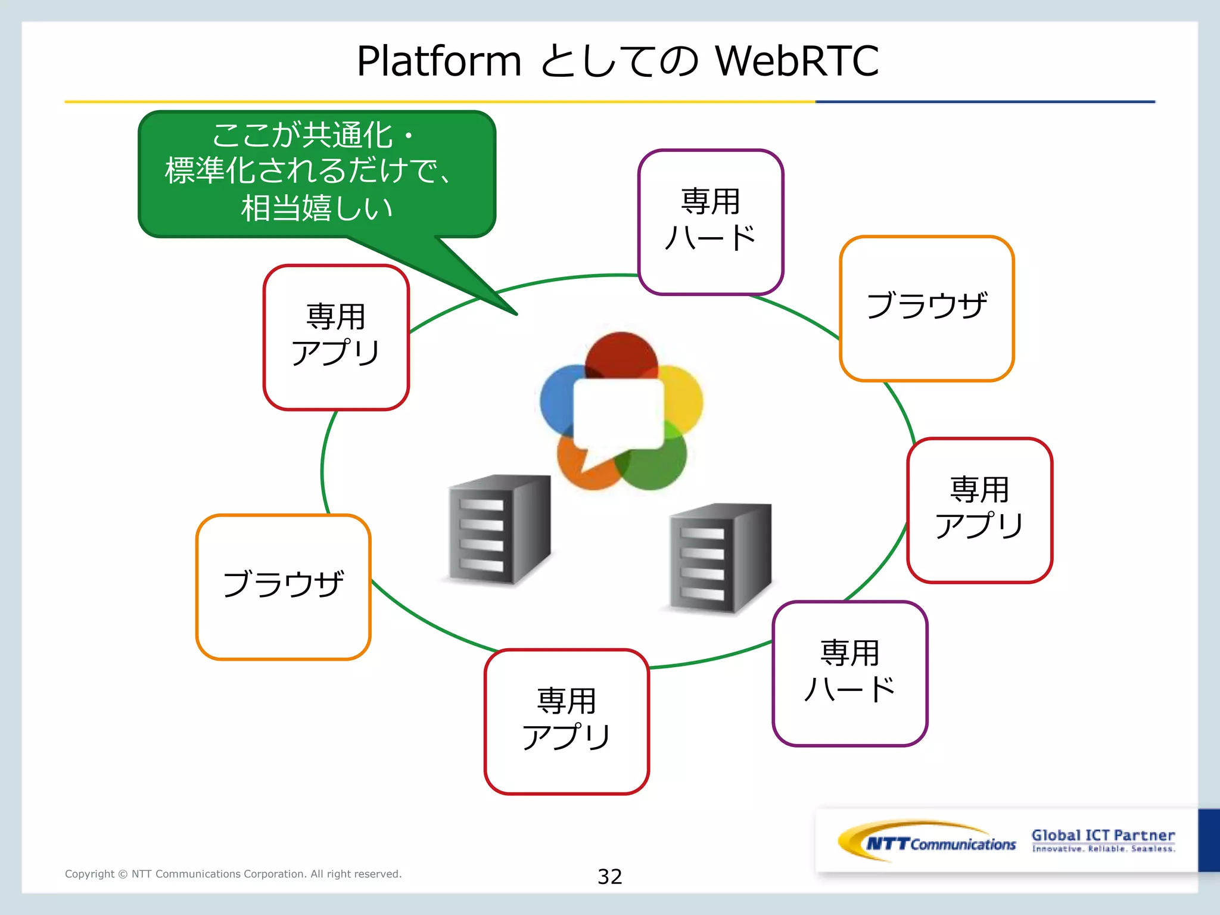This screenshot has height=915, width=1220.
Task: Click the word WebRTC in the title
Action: [x=796, y=61]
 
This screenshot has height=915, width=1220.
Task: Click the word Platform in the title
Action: [x=439, y=61]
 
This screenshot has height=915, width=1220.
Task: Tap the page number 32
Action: [x=609, y=876]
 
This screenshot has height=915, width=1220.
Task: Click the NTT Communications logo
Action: [x=927, y=842]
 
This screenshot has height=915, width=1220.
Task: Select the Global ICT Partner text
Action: [x=1103, y=835]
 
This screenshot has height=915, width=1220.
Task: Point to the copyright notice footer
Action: [x=233, y=874]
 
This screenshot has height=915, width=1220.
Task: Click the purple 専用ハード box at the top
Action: [x=710, y=222]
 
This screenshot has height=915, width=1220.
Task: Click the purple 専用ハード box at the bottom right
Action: [x=849, y=673]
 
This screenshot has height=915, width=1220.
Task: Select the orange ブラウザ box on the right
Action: [x=926, y=308]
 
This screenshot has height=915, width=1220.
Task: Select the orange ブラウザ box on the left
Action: [x=283, y=587]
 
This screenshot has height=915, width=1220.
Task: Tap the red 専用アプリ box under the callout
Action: [x=336, y=337]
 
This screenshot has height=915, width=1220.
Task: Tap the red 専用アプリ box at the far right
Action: [x=979, y=510]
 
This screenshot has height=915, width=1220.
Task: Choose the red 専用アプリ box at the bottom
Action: [x=566, y=721]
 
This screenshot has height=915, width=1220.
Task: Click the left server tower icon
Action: [x=499, y=529]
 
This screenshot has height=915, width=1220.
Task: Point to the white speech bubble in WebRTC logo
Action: [x=618, y=414]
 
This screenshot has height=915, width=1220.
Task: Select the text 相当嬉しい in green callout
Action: [x=316, y=208]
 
